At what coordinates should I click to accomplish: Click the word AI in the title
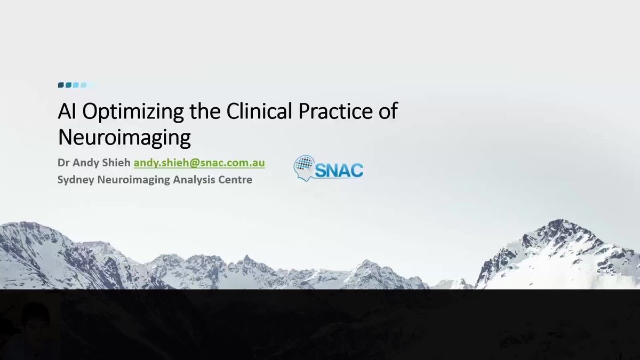click(x=68, y=111)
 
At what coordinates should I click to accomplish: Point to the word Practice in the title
click(x=333, y=111)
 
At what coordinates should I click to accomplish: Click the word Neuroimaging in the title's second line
click(x=124, y=138)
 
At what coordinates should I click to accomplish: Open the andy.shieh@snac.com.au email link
click(x=199, y=163)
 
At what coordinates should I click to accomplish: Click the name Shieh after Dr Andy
click(x=118, y=163)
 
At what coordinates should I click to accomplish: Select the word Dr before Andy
click(x=63, y=163)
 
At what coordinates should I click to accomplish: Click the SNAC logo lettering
click(x=338, y=170)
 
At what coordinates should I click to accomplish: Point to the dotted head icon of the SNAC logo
click(x=303, y=166)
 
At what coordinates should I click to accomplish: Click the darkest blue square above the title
click(x=61, y=85)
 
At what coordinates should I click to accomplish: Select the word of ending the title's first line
click(x=388, y=111)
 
